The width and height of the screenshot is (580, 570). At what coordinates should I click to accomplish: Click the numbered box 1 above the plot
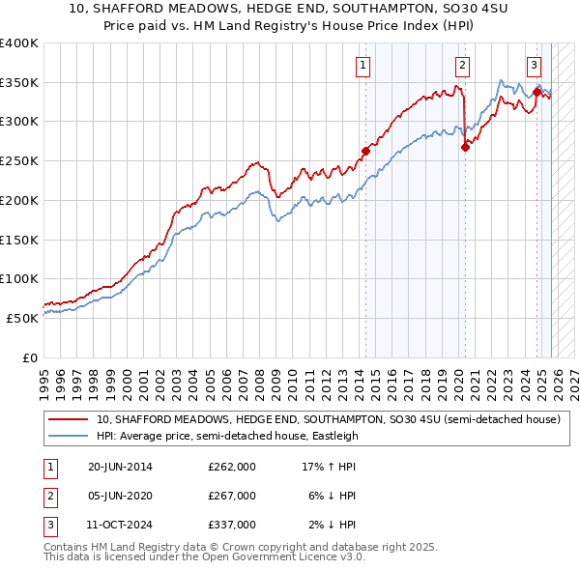tap(362, 66)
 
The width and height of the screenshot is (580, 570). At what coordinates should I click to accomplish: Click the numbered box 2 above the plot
tap(462, 66)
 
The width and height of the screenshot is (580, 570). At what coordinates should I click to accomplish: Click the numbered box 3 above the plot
tap(534, 66)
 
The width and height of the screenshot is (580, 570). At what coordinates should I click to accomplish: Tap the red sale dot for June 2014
tap(366, 151)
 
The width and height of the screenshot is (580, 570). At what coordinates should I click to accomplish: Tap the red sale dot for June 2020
tap(465, 147)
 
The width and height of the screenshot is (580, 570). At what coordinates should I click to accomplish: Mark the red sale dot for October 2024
tap(536, 92)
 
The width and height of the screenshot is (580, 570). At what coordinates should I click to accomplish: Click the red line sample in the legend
tap(70, 420)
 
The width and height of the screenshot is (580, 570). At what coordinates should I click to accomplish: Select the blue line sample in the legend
tap(70, 436)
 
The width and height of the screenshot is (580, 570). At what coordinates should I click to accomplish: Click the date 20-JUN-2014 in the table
tap(120, 467)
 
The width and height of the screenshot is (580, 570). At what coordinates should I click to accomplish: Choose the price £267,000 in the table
tap(231, 496)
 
